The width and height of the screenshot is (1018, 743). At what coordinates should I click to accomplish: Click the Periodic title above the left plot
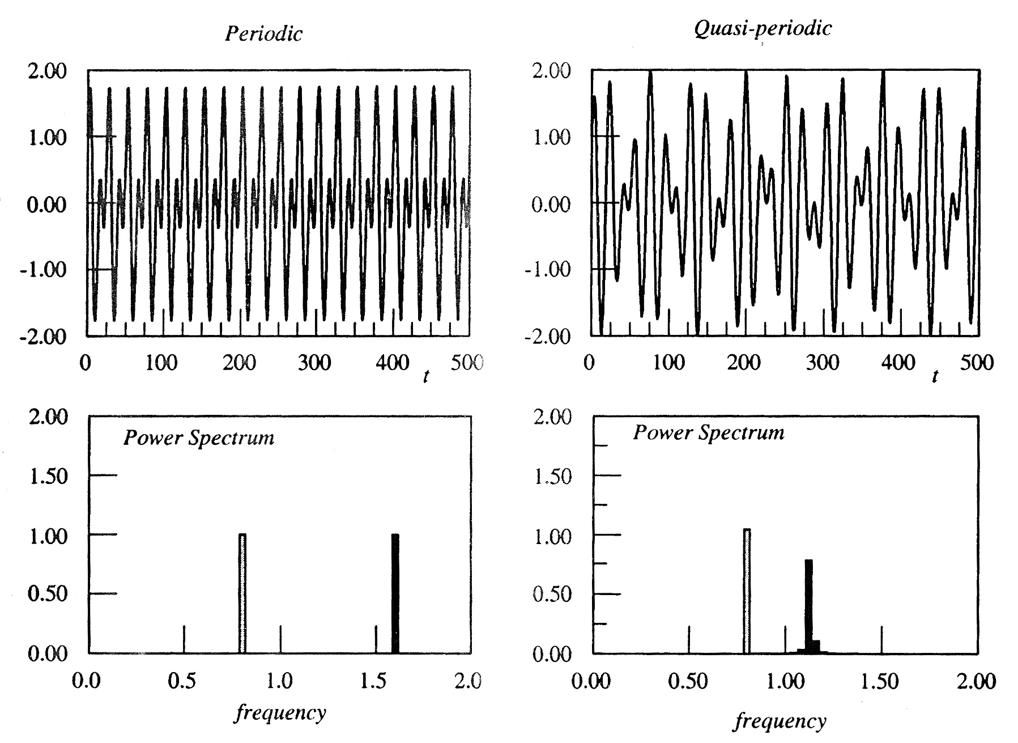point(263,33)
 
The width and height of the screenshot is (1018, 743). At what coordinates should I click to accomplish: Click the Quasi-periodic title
point(763,28)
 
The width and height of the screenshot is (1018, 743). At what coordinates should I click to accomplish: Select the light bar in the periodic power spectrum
point(242,593)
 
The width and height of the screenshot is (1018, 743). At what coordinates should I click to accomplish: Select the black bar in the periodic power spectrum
point(395,593)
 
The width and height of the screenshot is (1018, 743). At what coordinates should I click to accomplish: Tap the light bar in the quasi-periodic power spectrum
point(747,591)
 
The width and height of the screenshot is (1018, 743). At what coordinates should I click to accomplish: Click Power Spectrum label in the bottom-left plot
point(198,438)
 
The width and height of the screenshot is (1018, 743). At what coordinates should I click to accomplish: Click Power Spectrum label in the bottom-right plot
point(708,433)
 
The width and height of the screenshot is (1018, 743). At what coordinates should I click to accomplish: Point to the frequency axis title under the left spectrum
point(280,712)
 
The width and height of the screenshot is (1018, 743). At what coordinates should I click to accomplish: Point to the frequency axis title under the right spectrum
point(780,721)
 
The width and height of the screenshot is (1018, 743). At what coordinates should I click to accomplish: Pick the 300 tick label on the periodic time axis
point(314,362)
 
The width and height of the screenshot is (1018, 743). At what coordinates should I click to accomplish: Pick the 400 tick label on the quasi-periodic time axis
point(898,362)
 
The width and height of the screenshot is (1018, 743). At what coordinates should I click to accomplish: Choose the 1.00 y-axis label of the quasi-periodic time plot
point(552,138)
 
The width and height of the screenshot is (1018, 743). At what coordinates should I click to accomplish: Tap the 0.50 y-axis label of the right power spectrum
point(552,595)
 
